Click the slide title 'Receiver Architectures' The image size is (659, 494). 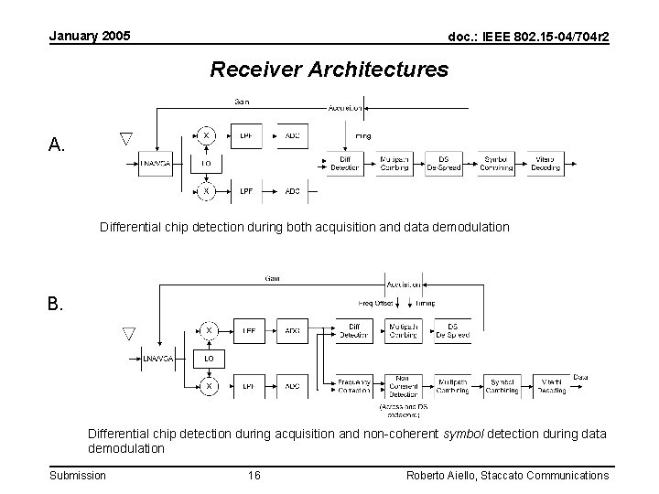pos(329,70)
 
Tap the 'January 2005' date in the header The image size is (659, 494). pos(89,36)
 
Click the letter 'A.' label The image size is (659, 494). pos(57,145)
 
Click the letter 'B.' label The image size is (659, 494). pos(57,304)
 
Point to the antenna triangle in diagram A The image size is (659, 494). pos(126,139)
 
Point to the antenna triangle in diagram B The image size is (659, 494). pos(129,335)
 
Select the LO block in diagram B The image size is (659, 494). pos(208,359)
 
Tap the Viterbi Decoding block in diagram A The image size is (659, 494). pos(546,164)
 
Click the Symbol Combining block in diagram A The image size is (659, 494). pos(496,164)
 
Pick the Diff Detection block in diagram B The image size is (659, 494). pos(354,330)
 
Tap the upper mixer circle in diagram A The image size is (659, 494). pos(207,136)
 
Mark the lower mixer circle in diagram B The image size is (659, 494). pos(208,386)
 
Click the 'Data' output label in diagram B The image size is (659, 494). pos(581,377)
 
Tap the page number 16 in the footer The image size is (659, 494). pos(254,475)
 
